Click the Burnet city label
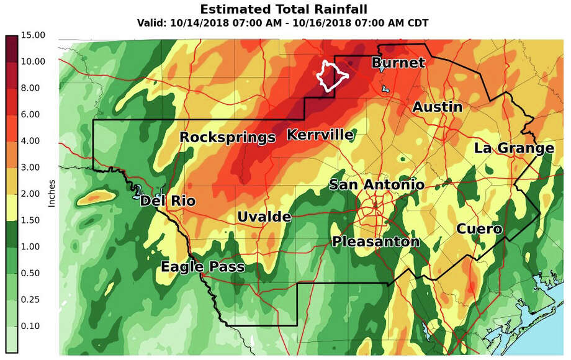398,63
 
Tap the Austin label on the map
438,107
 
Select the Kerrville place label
320,135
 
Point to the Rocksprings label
227,137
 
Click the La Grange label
514,148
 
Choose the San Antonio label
377,184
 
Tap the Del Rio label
168,201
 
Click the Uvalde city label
264,217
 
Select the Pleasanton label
376,241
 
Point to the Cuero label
479,229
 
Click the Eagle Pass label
202,267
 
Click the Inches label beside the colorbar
52,194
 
